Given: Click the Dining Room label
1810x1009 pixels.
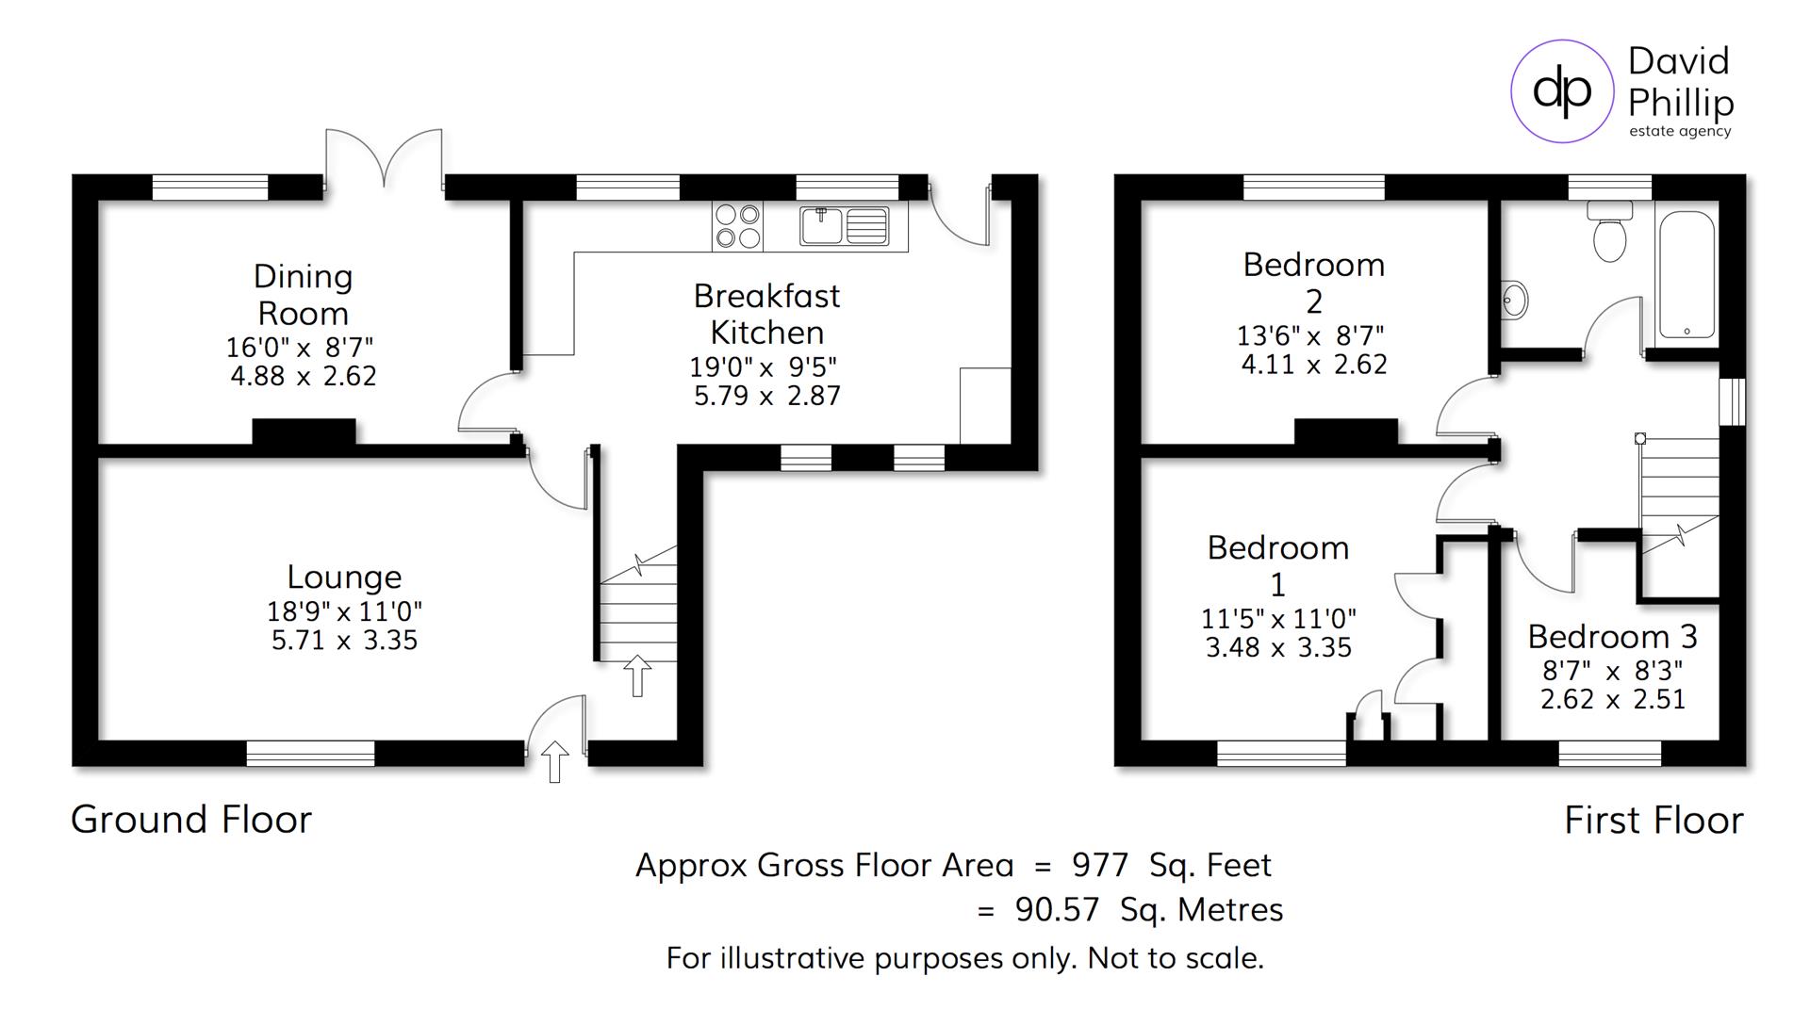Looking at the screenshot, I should (x=303, y=294).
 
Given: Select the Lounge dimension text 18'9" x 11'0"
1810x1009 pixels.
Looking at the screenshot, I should (x=344, y=611).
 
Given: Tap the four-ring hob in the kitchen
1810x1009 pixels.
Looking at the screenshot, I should (x=737, y=226).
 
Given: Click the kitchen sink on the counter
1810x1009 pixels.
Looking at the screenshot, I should (x=844, y=226).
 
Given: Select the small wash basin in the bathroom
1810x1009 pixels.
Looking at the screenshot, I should (x=1513, y=301).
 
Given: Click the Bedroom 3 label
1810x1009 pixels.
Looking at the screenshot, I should (x=1612, y=637).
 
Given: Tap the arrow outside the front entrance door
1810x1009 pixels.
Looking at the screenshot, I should (x=555, y=761).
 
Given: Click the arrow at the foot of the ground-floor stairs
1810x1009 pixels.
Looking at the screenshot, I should (x=637, y=675).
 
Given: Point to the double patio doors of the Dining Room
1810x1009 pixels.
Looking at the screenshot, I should (x=384, y=158).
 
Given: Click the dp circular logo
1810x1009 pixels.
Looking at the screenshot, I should (x=1562, y=90).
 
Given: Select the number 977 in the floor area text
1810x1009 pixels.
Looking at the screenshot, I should (x=1099, y=865).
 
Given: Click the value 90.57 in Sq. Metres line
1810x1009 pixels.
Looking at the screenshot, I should (x=1057, y=910).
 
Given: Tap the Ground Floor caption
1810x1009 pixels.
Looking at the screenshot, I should (x=191, y=820).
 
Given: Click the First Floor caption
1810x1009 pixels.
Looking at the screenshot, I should (x=1654, y=821).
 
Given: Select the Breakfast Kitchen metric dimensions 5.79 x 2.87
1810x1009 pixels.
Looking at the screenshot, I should (x=766, y=396).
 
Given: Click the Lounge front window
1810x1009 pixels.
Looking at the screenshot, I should (x=310, y=753).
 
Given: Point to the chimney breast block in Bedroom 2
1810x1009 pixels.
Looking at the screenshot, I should (x=1345, y=431).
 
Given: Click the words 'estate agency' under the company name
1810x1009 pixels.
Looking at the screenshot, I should (x=1680, y=132).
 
